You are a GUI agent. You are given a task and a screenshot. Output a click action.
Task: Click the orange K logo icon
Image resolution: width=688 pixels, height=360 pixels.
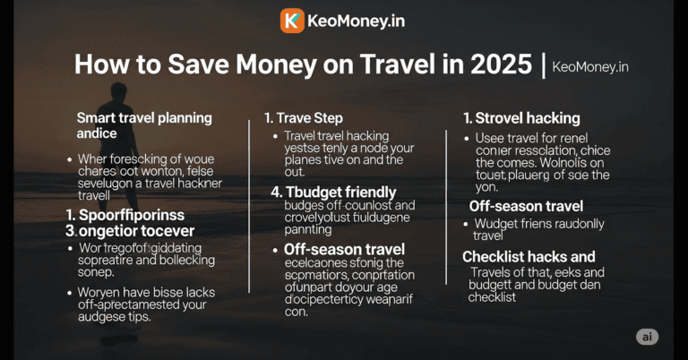click(292, 21)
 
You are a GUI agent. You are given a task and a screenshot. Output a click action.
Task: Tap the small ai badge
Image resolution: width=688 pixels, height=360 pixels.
click(647, 337)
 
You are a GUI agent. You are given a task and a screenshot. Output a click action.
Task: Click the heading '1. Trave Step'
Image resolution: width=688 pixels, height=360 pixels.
click(303, 118)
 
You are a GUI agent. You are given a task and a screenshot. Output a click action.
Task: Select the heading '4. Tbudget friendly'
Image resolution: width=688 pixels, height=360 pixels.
click(333, 193)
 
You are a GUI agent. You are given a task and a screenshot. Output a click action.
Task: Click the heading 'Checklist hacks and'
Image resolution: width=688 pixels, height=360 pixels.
click(529, 257)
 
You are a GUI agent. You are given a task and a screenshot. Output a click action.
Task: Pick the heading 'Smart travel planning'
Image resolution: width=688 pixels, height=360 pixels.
click(144, 117)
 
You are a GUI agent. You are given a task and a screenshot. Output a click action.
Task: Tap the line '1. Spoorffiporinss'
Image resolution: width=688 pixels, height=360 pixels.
click(125, 215)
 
